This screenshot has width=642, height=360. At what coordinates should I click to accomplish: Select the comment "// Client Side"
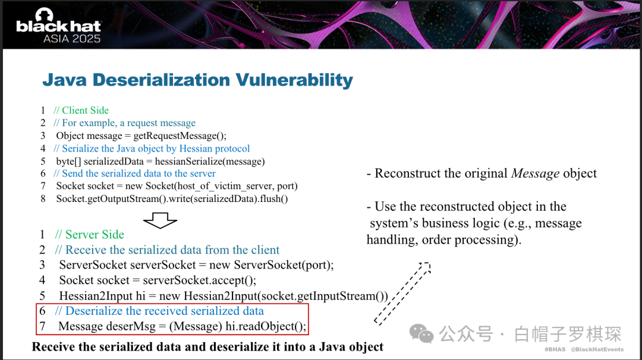coord(81,110)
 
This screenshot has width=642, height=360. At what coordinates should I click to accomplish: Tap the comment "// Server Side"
coord(89,235)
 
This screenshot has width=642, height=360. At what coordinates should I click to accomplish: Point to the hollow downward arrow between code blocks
coord(160,220)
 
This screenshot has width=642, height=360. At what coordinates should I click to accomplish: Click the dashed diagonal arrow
coord(402,293)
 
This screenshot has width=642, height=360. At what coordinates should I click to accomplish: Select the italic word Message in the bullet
coord(535,173)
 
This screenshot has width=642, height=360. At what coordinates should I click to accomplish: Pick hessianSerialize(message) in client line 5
coord(210,162)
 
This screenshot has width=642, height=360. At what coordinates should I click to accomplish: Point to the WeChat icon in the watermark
coord(421,334)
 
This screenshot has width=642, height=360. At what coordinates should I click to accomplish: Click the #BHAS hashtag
coord(555,349)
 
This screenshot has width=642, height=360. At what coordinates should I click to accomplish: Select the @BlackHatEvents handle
coord(597,349)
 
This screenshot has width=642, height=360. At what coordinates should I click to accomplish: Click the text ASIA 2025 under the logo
coord(72,39)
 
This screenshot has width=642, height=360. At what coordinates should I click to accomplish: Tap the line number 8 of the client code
coord(43,199)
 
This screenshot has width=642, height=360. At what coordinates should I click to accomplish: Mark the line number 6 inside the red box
coord(43,311)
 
